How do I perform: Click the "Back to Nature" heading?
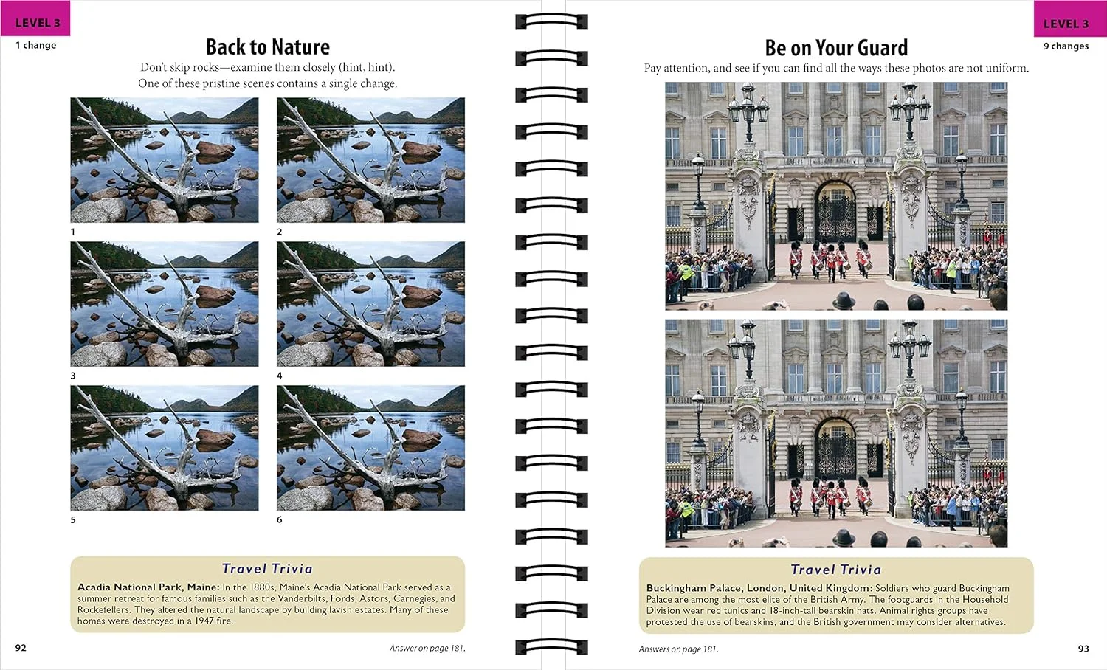[x=267, y=47]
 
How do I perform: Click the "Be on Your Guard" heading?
[x=836, y=49]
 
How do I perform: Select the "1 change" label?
[x=36, y=46]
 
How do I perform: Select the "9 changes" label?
[x=1066, y=46]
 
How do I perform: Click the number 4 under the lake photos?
[x=279, y=376]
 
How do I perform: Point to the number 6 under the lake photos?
[x=279, y=519]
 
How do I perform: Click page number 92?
[x=21, y=648]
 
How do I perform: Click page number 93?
[x=1083, y=649]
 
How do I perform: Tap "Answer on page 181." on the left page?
[x=427, y=649]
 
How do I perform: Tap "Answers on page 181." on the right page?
[x=678, y=649]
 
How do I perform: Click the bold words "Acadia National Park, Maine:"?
[x=148, y=587]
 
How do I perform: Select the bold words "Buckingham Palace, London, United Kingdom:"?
[x=759, y=588]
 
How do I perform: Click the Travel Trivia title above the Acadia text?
[x=267, y=569]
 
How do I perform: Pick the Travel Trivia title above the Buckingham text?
[x=836, y=570]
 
